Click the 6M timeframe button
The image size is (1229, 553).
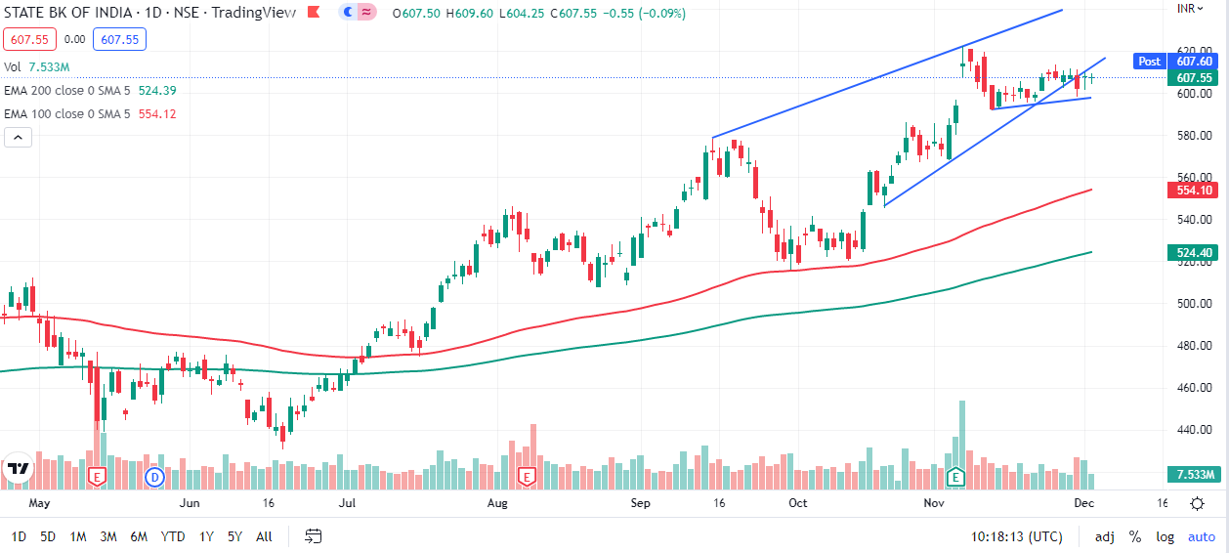pyautogui.click(x=139, y=536)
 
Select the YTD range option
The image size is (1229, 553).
pyautogui.click(x=173, y=536)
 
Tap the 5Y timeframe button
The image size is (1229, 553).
pyautogui.click(x=234, y=536)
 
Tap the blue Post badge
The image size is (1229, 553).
pyautogui.click(x=1149, y=61)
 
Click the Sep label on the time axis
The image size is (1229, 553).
pyautogui.click(x=640, y=503)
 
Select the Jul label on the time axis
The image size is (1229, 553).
pyautogui.click(x=346, y=503)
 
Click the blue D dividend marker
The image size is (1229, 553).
pyautogui.click(x=154, y=477)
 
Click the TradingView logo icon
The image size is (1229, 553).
pyautogui.click(x=18, y=468)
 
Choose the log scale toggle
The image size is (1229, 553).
pyautogui.click(x=1165, y=536)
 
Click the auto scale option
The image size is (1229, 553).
pyautogui.click(x=1201, y=536)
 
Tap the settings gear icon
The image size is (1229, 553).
pyautogui.click(x=1197, y=503)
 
